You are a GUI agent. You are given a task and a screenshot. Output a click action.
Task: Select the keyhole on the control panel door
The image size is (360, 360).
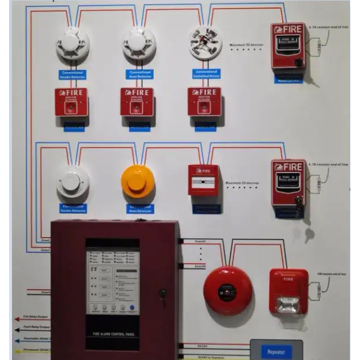coord(163,294)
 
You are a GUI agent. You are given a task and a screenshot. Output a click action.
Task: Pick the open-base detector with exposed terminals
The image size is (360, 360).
coord(205,43)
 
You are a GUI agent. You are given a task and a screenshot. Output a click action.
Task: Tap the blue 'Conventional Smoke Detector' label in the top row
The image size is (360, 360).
coord(72,74)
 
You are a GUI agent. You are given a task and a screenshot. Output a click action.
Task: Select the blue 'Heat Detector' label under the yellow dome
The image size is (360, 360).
coord(138,209)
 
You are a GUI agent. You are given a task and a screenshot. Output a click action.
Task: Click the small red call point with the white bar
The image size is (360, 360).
coord(203,180)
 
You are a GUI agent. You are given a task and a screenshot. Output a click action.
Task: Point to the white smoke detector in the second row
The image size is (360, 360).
coord(73,182)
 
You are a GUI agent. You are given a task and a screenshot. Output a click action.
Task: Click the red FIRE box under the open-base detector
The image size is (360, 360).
coord(204,102)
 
